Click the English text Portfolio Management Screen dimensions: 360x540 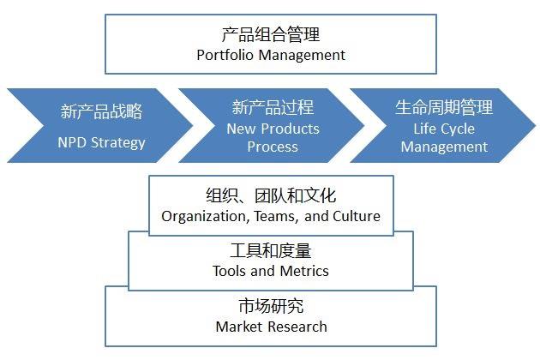coord(270,55)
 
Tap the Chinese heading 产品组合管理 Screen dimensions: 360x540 coord(270,35)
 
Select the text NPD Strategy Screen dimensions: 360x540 coord(101,142)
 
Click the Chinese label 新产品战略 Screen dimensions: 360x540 coord(101,111)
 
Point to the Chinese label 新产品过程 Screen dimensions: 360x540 coord(273,108)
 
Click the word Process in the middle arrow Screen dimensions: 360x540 coord(273,147)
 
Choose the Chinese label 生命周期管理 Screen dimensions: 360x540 coord(444,108)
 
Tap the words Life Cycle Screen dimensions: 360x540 coord(444,129)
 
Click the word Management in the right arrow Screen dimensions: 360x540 coord(444,147)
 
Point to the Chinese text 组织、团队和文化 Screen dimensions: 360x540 coord(271,196)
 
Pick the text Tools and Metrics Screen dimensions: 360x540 coord(271,271)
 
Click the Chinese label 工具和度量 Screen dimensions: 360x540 coord(271,252)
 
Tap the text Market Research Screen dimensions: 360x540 coord(271,327)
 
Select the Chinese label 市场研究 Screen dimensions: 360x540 coord(271,307)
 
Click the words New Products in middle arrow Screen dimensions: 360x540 coord(273,129)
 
